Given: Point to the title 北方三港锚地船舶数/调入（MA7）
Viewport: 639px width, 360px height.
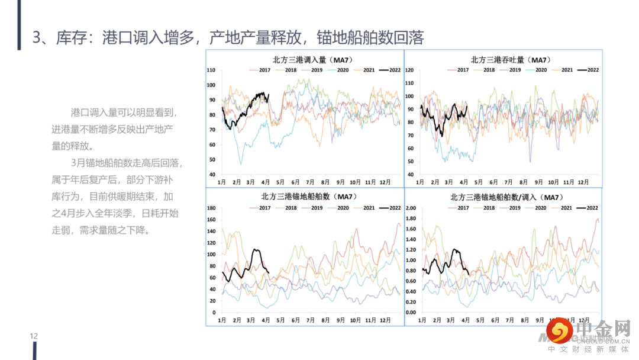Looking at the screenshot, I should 506,197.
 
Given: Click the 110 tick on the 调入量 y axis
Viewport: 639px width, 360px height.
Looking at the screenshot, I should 211,70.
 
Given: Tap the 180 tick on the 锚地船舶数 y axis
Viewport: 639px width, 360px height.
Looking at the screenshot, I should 211,208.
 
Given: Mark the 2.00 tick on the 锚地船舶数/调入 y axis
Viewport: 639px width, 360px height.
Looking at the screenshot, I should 411,208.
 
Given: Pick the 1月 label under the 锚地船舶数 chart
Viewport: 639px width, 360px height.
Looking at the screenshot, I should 222,320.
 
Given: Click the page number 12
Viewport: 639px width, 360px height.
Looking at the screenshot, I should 34,336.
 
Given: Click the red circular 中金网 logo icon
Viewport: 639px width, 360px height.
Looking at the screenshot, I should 558,329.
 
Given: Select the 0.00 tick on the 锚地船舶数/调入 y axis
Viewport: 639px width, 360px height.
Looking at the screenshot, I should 411,312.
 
